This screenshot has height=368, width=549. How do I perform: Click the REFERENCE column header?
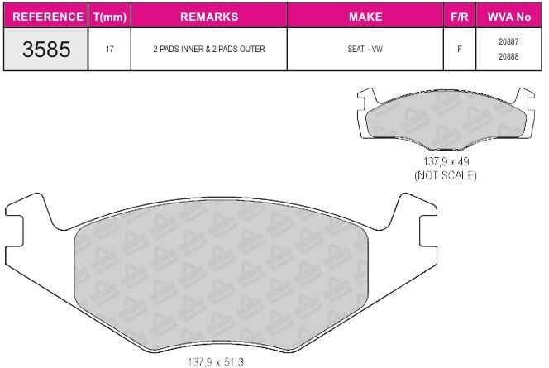[x=48, y=17]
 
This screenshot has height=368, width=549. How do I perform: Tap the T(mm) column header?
[x=110, y=17]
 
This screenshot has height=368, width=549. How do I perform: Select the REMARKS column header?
[x=209, y=17]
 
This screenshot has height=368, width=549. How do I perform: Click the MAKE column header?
[x=365, y=17]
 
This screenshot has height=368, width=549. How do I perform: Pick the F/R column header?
[x=460, y=17]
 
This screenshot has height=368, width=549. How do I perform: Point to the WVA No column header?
[x=508, y=17]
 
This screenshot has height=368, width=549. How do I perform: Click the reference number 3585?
[x=46, y=49]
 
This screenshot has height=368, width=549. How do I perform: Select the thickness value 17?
[x=110, y=49]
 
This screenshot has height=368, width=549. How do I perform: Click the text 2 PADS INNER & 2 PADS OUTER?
[x=209, y=49]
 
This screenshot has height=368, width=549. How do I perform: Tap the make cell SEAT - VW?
[x=365, y=49]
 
